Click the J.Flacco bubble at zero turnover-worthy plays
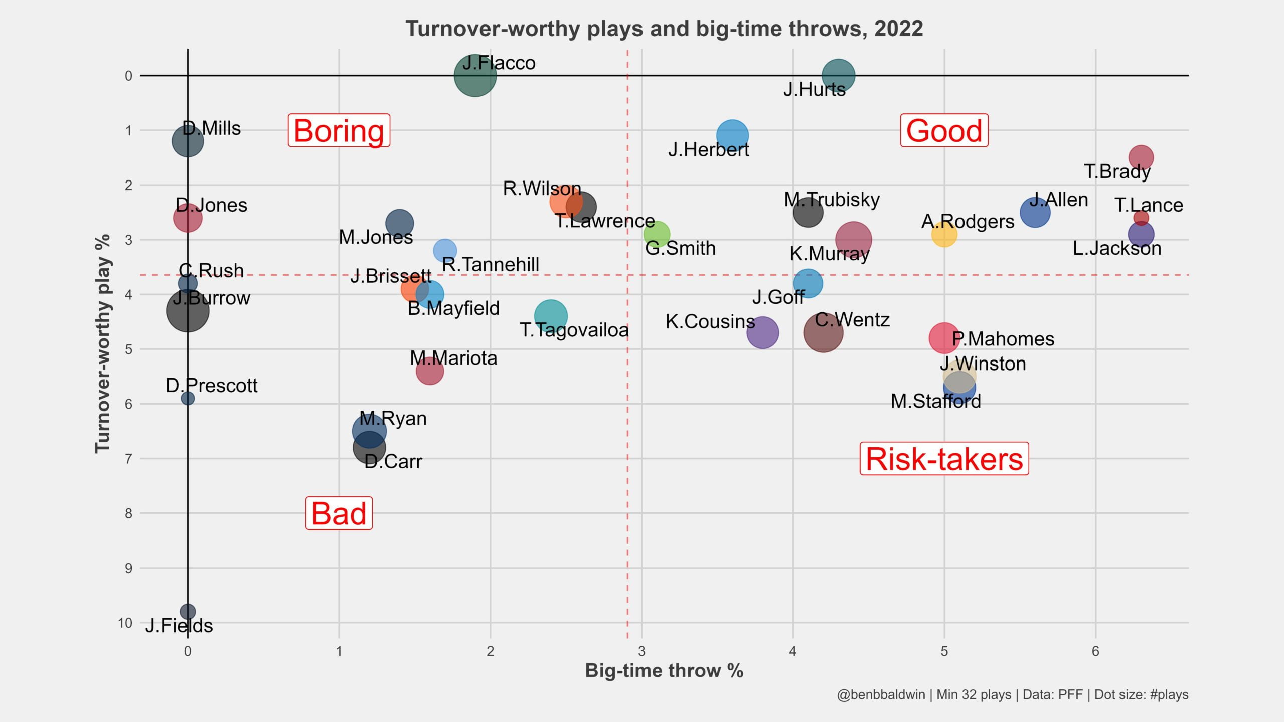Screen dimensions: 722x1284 tap(475, 76)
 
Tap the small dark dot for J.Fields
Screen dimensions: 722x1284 tap(188, 612)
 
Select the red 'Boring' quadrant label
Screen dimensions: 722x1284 tap(339, 131)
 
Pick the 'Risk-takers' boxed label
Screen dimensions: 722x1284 tap(944, 459)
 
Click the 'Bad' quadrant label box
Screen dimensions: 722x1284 tap(339, 513)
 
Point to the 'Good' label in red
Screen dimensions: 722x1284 tap(944, 131)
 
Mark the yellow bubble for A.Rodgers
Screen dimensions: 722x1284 tap(944, 234)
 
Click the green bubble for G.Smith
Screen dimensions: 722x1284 tap(657, 234)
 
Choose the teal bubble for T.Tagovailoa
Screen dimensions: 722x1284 tap(551, 316)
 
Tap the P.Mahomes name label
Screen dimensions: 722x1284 tap(1003, 339)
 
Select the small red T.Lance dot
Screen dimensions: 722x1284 tap(1141, 218)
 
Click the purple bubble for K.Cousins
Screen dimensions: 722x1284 tap(762, 332)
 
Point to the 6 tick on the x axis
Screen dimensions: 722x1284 tap(1095, 651)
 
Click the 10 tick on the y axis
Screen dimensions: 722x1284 tap(125, 623)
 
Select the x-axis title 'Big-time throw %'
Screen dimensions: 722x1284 tap(664, 671)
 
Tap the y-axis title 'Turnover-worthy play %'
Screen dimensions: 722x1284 tap(103, 344)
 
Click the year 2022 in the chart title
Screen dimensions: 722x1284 tap(898, 29)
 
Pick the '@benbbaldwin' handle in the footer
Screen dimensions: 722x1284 tap(881, 695)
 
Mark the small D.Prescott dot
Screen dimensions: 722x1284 tap(188, 398)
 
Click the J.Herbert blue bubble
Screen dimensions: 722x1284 tap(732, 136)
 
